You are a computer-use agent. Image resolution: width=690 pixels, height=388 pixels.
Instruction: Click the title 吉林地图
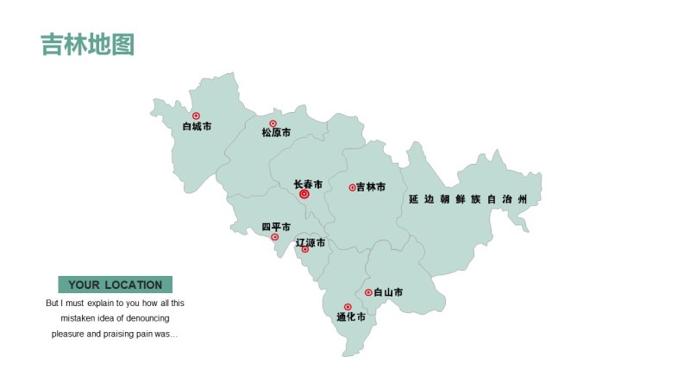[87, 45]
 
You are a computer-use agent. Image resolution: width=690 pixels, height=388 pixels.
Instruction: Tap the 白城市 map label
[197, 127]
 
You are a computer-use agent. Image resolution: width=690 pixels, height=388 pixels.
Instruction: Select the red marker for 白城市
[196, 116]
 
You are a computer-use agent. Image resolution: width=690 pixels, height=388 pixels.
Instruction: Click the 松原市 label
[276, 133]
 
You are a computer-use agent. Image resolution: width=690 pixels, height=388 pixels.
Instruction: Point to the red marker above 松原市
[273, 123]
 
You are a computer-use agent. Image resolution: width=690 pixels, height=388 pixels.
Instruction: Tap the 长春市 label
[308, 185]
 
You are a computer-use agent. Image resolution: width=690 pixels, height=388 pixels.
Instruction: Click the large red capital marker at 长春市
[304, 195]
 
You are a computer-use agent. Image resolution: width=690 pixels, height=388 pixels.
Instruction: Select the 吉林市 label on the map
[371, 187]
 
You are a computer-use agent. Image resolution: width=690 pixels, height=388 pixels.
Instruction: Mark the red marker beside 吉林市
[352, 187]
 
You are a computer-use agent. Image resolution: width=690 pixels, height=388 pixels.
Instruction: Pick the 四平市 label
[276, 228]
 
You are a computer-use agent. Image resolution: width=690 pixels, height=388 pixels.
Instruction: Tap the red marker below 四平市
[275, 237]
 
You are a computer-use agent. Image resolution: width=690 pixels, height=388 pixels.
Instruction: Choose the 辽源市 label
[310, 242]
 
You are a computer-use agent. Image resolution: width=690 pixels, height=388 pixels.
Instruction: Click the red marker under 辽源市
[305, 250]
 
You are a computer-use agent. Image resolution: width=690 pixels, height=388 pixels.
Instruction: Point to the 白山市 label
[388, 293]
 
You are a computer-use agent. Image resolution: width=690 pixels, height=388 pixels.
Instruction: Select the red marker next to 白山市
[368, 292]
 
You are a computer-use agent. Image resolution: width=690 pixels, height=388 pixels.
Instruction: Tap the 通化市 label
[351, 317]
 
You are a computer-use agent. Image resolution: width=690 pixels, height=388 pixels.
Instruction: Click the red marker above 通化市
[348, 307]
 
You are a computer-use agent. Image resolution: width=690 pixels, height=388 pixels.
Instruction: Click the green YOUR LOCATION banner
[115, 285]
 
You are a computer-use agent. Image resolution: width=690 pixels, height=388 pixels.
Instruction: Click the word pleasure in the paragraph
[69, 334]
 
